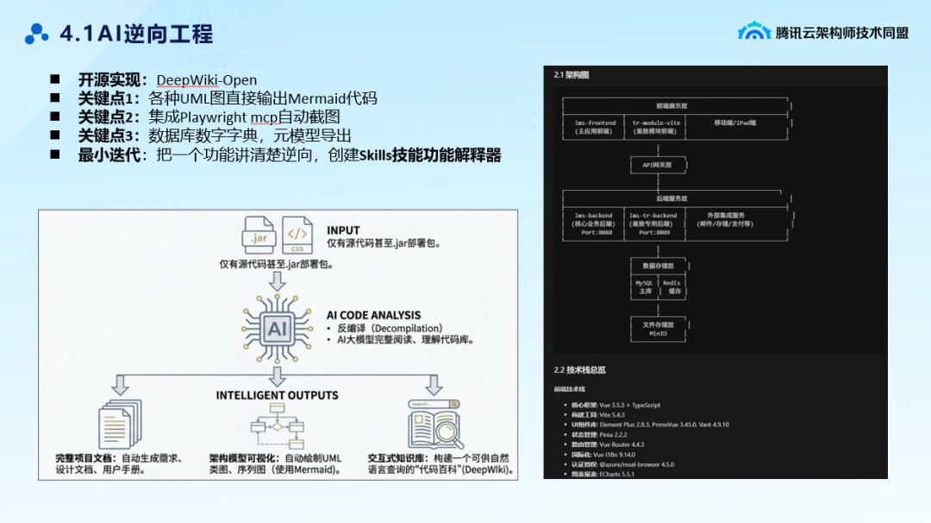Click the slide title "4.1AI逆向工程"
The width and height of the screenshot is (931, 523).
coord(136,35)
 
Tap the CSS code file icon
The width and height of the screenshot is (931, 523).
coord(297,235)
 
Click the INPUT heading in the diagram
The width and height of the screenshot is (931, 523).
coord(343,230)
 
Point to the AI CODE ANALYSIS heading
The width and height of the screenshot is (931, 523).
coord(373,316)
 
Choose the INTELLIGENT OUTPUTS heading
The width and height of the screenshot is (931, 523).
coord(277,395)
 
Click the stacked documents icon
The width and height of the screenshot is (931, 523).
coord(118,424)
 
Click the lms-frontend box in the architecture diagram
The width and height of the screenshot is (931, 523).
coord(596,127)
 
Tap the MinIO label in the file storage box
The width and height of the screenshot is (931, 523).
coord(658,332)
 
